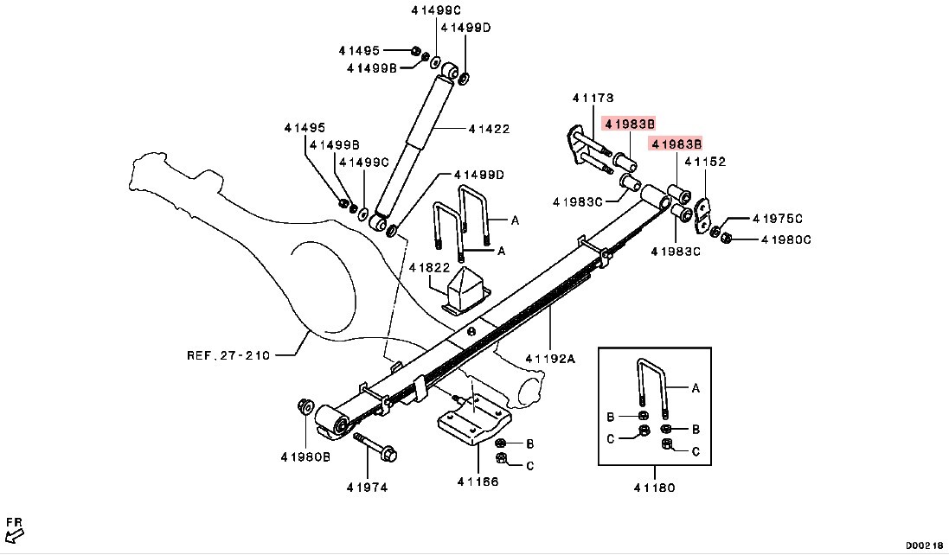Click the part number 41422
(489, 130)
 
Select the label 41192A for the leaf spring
(549, 359)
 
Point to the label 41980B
(305, 456)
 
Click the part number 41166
(478, 482)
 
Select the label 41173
(592, 98)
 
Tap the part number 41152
(705, 162)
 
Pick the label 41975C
(777, 219)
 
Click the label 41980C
(785, 239)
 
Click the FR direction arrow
(14, 528)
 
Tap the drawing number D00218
(925, 545)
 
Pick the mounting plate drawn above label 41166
(471, 424)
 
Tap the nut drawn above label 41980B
(305, 406)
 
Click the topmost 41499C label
(436, 10)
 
